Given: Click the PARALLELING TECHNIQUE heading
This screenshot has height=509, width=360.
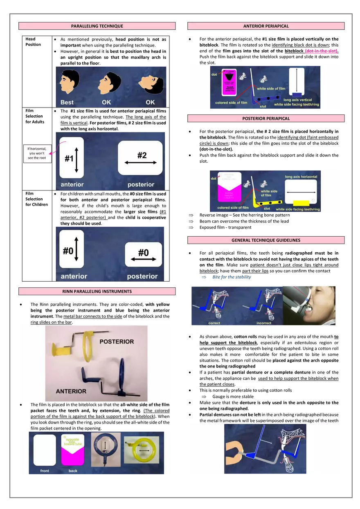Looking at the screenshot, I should (97, 26).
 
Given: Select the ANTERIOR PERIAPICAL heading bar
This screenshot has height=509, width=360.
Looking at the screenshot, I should (266, 26).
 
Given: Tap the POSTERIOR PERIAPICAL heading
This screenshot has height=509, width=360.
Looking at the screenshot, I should (266, 119).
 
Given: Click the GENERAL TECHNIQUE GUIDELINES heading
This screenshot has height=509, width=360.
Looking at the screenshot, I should (266, 240).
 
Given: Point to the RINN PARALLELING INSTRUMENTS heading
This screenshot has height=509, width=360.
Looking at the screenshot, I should (97, 291).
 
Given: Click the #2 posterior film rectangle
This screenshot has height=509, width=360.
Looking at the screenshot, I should (140, 158).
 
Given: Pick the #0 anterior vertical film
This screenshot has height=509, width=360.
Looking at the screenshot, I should (72, 249).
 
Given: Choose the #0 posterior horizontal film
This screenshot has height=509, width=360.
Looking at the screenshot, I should (143, 255).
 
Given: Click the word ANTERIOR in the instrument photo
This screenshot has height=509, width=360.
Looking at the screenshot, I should (71, 391).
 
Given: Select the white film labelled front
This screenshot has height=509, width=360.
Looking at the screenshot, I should (45, 450).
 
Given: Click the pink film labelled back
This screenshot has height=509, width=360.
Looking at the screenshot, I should (72, 450).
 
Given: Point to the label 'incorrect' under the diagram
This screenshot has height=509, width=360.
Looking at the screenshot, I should (264, 323).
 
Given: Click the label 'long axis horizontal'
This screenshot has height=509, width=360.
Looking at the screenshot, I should (301, 177).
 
